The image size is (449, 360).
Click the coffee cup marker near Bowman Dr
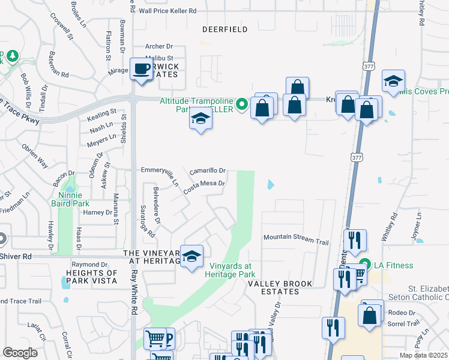click(x=142, y=68)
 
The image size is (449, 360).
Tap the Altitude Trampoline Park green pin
click(x=242, y=104)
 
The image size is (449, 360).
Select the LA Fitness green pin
click(x=364, y=265)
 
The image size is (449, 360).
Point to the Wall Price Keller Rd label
click(x=167, y=11)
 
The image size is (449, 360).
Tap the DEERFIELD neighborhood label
click(x=225, y=29)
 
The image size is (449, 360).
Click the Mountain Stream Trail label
click(x=296, y=239)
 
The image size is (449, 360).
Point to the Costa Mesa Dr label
click(x=204, y=186)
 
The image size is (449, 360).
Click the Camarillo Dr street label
click(x=207, y=172)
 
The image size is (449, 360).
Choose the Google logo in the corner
click(x=20, y=352)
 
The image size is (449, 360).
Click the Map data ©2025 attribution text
click(x=424, y=355)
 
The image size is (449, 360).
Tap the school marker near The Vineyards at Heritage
click(x=192, y=256)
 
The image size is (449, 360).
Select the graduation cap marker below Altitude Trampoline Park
click(x=201, y=119)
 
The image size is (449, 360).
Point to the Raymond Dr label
click(x=85, y=265)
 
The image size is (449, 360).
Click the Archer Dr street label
click(x=159, y=46)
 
